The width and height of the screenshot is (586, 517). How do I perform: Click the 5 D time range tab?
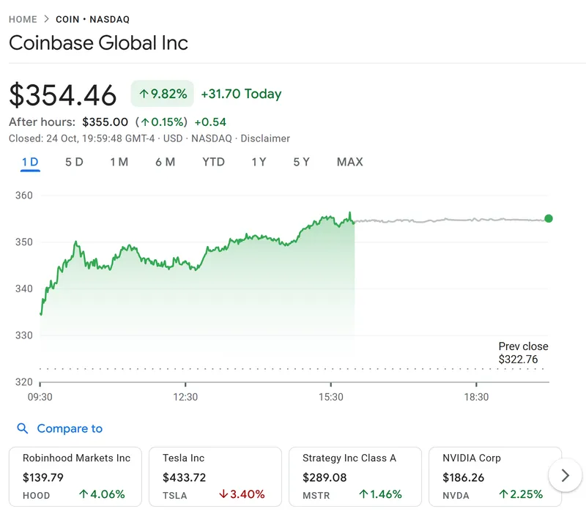pos(74,162)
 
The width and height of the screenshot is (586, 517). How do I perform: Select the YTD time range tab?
pos(213,162)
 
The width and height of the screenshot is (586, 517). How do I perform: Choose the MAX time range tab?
pos(349,162)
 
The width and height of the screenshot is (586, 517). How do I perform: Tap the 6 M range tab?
pos(165,162)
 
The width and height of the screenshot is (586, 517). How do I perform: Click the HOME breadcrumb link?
pos(23,19)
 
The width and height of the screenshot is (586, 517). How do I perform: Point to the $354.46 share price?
pos(63,96)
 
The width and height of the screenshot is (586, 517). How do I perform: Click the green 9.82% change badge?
pos(163,94)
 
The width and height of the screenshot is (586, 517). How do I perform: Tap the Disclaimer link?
pos(265,138)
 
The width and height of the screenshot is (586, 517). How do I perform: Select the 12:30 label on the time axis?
pos(185,397)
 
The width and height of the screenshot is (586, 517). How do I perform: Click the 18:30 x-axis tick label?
pos(476,397)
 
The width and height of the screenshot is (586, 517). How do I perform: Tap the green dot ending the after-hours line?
pos(549,218)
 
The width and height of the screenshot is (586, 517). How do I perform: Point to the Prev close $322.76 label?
pos(523,353)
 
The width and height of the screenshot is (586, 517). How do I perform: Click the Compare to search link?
pos(69,428)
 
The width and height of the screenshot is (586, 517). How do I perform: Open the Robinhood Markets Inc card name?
pos(76,458)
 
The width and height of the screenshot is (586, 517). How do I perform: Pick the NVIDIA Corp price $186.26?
pos(463,477)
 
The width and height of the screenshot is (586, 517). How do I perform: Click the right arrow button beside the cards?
pos(565,476)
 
